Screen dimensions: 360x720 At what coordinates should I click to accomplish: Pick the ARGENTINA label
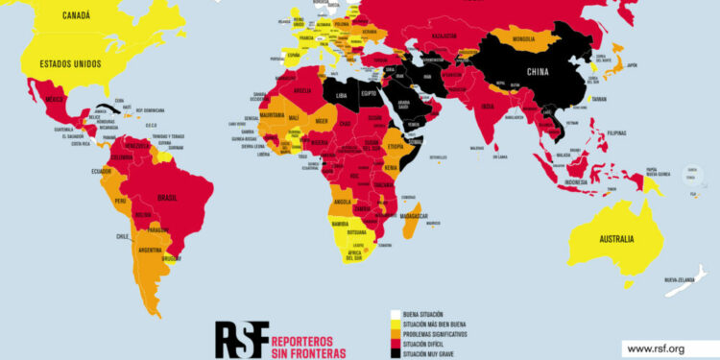(x=150, y=250)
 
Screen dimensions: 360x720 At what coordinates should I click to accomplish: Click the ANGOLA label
(x=339, y=202)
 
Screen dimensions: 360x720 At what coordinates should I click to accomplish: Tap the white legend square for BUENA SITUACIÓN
(x=395, y=314)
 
